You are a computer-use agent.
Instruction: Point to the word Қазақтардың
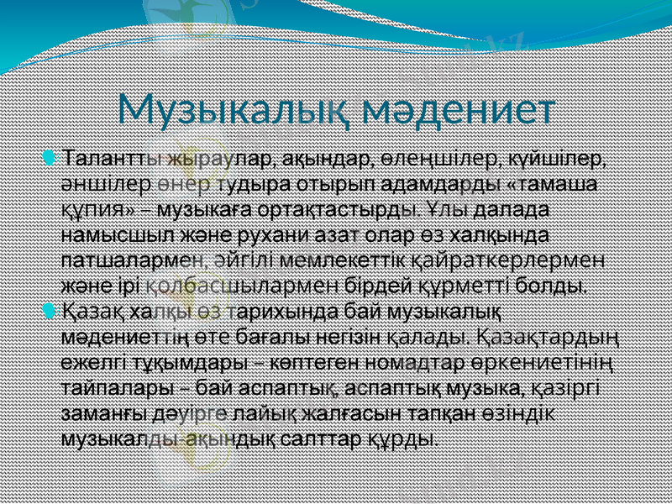pos(547,337)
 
